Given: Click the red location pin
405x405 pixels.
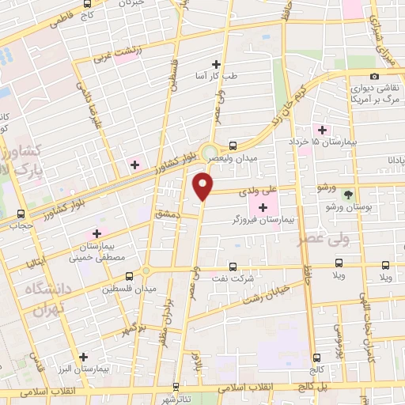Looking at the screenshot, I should click(203, 186).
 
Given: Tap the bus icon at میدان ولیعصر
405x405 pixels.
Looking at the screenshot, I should click(233, 146).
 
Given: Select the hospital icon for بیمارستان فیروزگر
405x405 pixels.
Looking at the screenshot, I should click(263, 207).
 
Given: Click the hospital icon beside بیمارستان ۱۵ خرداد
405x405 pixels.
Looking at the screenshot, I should click(321, 130).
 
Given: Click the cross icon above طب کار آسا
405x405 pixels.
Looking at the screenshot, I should click(216, 65).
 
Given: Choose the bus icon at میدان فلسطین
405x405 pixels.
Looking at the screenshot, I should click(129, 276).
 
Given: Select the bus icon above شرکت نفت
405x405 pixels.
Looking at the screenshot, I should click(232, 267).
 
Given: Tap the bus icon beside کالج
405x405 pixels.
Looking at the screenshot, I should click(316, 358).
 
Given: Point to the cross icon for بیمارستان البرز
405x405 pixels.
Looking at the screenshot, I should click(83, 356).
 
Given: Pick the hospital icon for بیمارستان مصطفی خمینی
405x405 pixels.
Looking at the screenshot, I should click(98, 233).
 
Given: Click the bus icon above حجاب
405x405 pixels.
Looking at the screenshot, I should click(21, 214).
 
